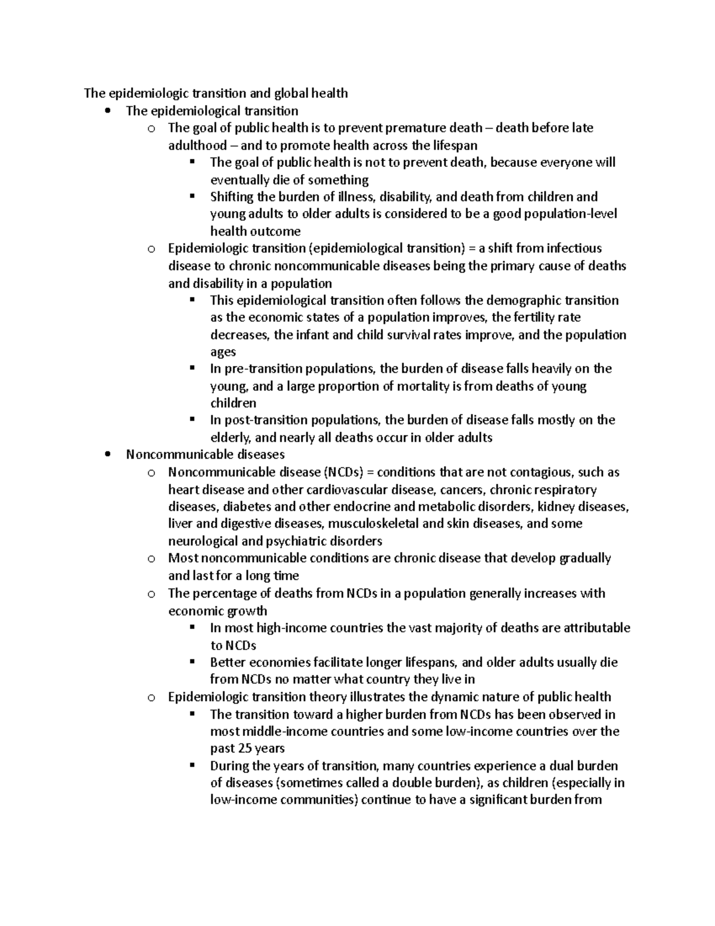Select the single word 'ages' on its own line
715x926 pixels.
coord(223,352)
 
